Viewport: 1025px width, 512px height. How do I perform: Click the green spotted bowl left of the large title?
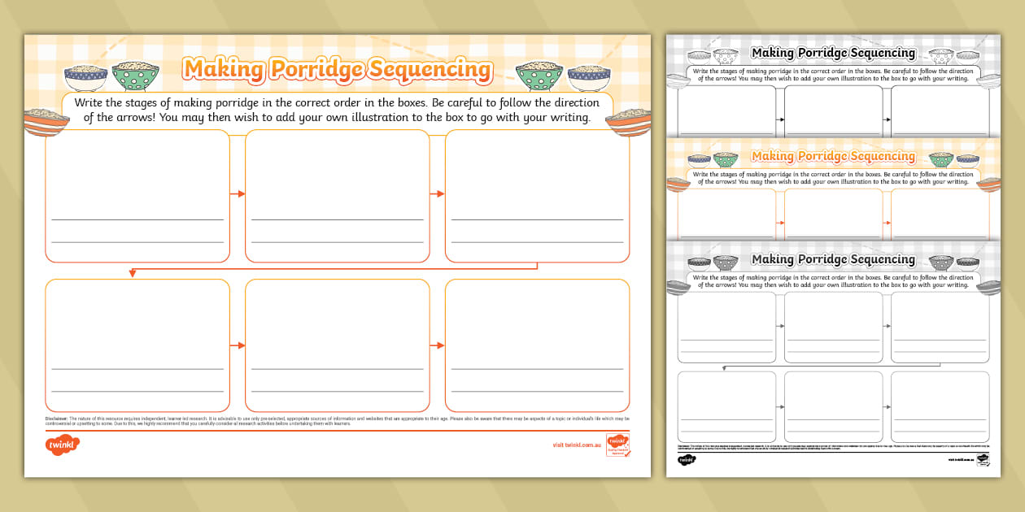(x=135, y=76)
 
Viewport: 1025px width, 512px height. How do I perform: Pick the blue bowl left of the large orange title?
(x=85, y=77)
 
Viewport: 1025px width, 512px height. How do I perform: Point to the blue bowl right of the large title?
(x=589, y=77)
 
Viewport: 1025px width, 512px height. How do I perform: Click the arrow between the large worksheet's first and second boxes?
(x=237, y=193)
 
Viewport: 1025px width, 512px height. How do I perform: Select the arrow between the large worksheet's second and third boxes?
(x=437, y=193)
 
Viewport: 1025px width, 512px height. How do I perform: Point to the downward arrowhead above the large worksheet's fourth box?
(x=132, y=273)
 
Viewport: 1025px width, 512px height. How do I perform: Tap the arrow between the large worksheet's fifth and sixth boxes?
(x=437, y=345)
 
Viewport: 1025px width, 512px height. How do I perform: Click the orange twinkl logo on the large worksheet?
(x=63, y=445)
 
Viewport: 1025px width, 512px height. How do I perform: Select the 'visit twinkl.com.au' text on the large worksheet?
(x=576, y=445)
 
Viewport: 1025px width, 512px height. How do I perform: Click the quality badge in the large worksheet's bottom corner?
(x=617, y=446)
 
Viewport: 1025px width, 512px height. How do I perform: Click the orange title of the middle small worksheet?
(x=833, y=156)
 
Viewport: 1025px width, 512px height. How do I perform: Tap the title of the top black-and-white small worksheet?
(x=833, y=53)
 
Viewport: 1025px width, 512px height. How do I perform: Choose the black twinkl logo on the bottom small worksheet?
(x=687, y=460)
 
